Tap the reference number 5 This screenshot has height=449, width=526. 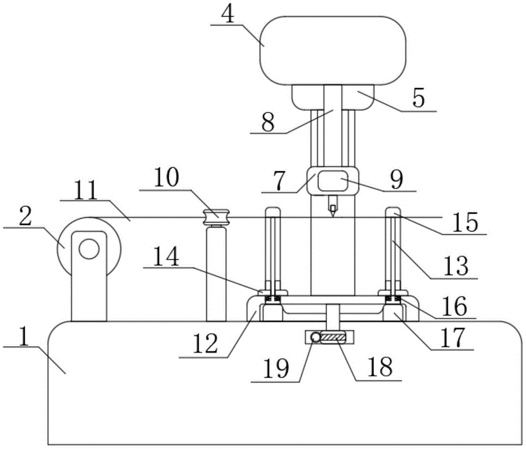pyautogui.click(x=418, y=98)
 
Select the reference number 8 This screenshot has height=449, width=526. pyautogui.click(x=268, y=121)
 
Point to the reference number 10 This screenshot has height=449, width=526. pyautogui.click(x=166, y=177)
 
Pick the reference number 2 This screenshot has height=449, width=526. pyautogui.click(x=25, y=217)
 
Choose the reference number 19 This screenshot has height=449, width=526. pyautogui.click(x=276, y=368)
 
